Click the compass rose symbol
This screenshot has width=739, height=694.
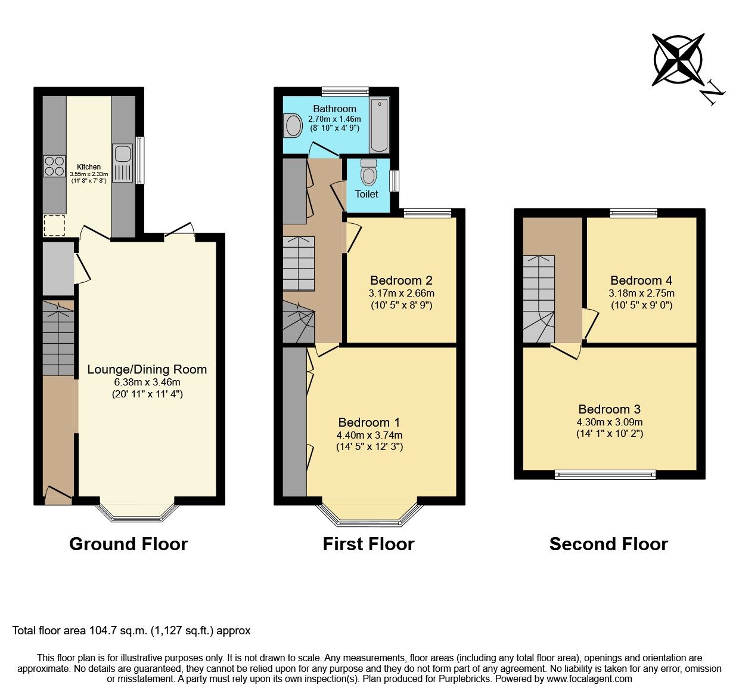coord(678,59)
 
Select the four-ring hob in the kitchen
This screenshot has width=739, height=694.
coord(54,166)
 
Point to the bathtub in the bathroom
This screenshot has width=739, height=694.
coord(379,125)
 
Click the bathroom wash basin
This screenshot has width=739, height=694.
coord(293,126)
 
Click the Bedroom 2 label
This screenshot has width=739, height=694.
coord(401,280)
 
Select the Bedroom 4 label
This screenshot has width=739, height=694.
coord(641,280)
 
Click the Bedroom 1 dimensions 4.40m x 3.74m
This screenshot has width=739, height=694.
coord(369,435)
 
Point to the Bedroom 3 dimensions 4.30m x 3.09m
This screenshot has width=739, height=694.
coord(609,422)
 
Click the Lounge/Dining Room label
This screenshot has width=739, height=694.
coord(147,369)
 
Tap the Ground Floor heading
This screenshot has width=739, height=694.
coord(128,544)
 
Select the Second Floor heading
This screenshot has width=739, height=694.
coord(608,544)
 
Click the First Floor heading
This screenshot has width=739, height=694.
coord(368,544)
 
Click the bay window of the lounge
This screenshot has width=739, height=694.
coord(137,513)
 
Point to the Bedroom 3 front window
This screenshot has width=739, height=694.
coord(605,474)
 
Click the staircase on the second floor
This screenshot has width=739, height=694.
coord(539,299)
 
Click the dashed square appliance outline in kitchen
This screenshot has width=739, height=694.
coord(54,225)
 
